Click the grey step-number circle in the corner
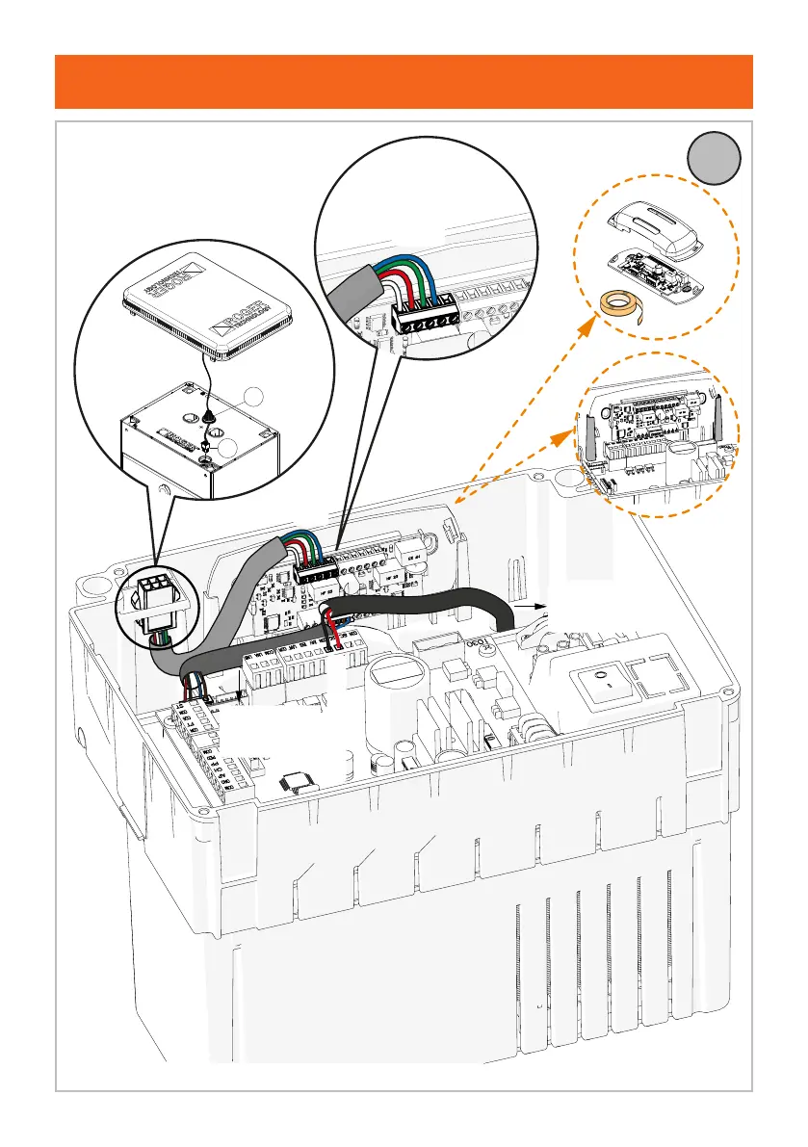(x=715, y=159)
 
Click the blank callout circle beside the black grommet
(x=252, y=396)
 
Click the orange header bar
(x=404, y=82)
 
